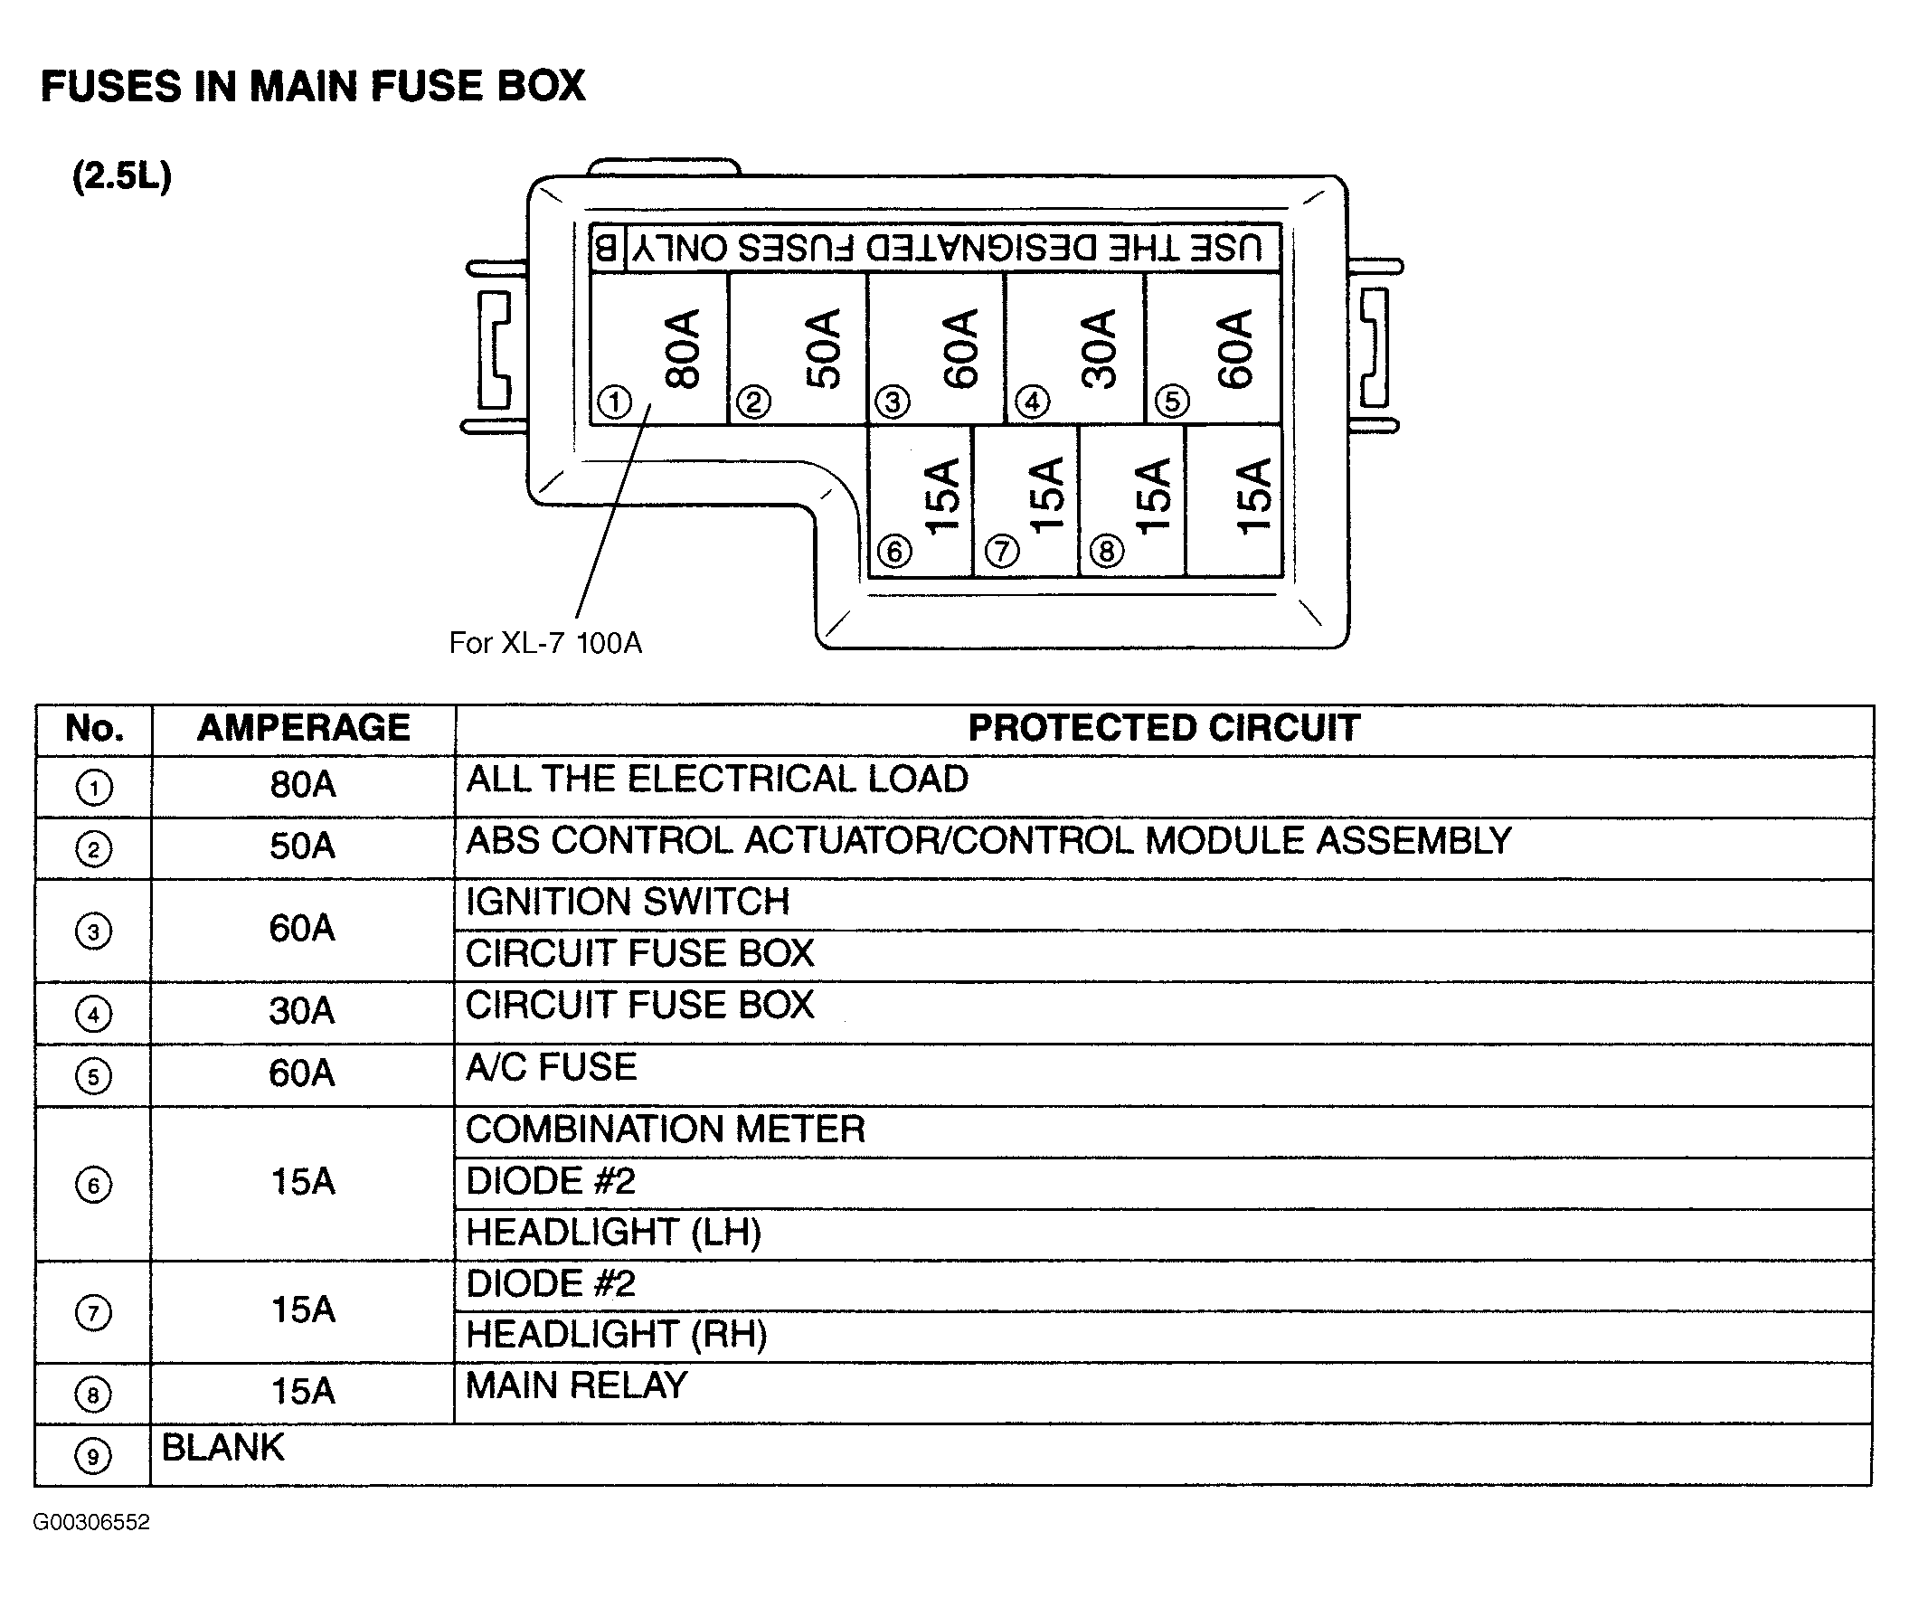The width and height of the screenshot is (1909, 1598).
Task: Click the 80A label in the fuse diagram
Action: [683, 349]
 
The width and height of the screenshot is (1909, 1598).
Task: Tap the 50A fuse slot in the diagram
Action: [798, 348]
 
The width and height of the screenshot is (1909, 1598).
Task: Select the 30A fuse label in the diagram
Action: [1098, 349]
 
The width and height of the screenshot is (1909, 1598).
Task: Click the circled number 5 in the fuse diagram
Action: [1172, 401]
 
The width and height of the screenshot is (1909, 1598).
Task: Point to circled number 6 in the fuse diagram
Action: [894, 551]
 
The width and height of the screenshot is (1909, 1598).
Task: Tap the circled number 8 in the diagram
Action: [1106, 551]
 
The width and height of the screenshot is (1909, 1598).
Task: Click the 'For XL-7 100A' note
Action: [545, 644]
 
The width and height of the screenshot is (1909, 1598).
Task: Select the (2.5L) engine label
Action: [122, 176]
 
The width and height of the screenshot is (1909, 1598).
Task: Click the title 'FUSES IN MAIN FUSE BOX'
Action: [314, 86]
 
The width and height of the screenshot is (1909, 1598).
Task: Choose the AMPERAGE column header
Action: [304, 728]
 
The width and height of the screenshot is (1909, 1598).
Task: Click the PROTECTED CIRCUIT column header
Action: [1164, 728]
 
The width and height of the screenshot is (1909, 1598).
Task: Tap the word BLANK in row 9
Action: [222, 1448]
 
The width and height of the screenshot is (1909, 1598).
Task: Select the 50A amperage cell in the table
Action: [303, 846]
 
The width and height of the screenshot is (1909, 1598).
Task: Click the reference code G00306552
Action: [91, 1523]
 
